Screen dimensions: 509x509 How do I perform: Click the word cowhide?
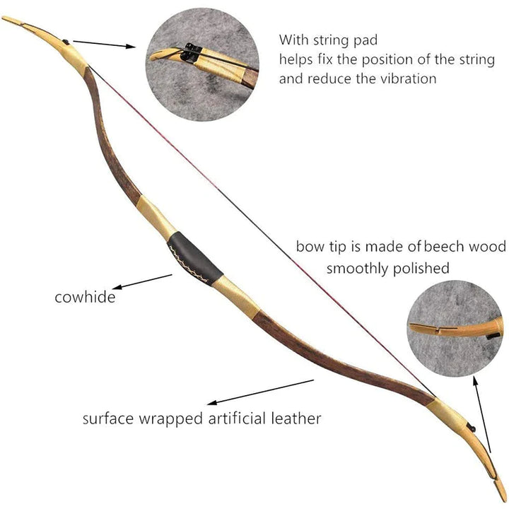85,297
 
